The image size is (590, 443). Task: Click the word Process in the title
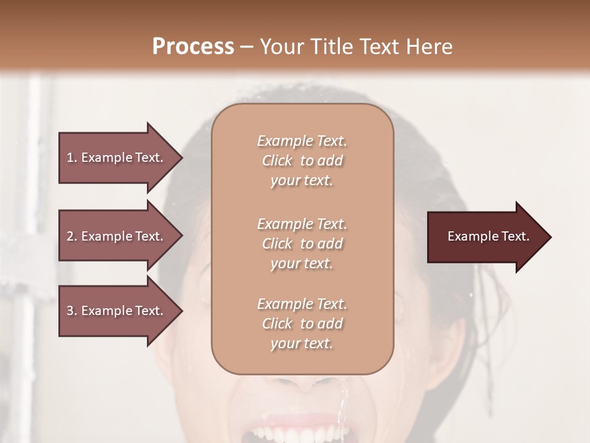click(x=193, y=47)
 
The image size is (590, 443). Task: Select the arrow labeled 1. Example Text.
click(x=117, y=158)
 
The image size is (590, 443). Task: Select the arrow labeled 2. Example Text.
click(x=117, y=236)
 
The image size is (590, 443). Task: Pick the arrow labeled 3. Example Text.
click(x=117, y=311)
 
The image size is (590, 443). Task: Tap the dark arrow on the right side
click(x=486, y=237)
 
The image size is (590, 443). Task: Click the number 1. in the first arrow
click(x=72, y=158)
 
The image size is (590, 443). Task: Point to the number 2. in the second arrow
click(x=72, y=236)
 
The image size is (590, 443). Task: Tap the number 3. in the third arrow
click(x=72, y=311)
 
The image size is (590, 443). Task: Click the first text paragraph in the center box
click(x=302, y=161)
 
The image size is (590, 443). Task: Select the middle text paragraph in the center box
click(x=302, y=244)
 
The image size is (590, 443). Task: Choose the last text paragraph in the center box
click(x=302, y=324)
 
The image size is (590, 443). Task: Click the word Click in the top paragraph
click(x=277, y=161)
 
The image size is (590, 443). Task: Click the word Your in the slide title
click(x=280, y=47)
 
